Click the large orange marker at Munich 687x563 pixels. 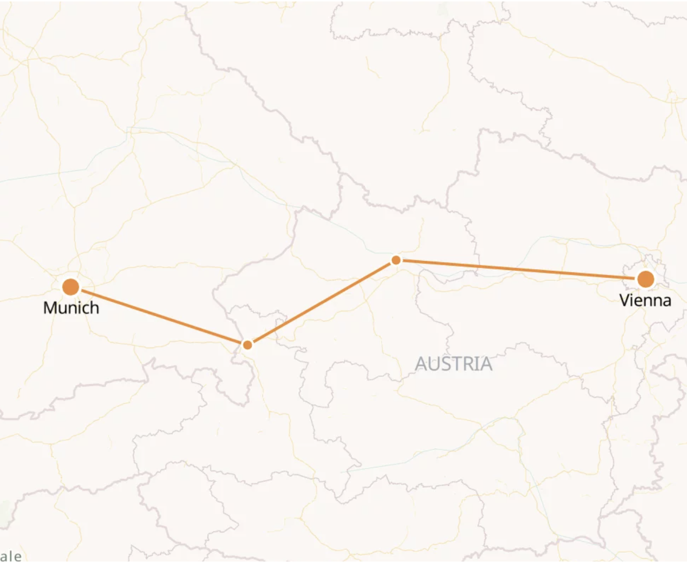pyautogui.click(x=71, y=287)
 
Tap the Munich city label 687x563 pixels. pyautogui.click(x=71, y=308)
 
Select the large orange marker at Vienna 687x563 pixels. pyautogui.click(x=646, y=279)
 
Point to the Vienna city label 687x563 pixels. pyautogui.click(x=646, y=300)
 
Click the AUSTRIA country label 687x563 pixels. pyautogui.click(x=453, y=364)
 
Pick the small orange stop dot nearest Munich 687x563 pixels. pyautogui.click(x=247, y=345)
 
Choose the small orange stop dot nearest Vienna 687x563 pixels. pyautogui.click(x=396, y=260)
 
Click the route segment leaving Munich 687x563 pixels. pyautogui.click(x=159, y=316)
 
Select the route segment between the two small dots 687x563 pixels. pyautogui.click(x=322, y=303)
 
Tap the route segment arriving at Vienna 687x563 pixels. pyautogui.click(x=521, y=269)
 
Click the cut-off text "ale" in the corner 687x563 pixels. pyautogui.click(x=11, y=556)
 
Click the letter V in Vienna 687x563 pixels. pyautogui.click(x=624, y=300)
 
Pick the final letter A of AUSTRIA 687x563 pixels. pyautogui.click(x=486, y=364)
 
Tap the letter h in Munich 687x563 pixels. pyautogui.click(x=94, y=308)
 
